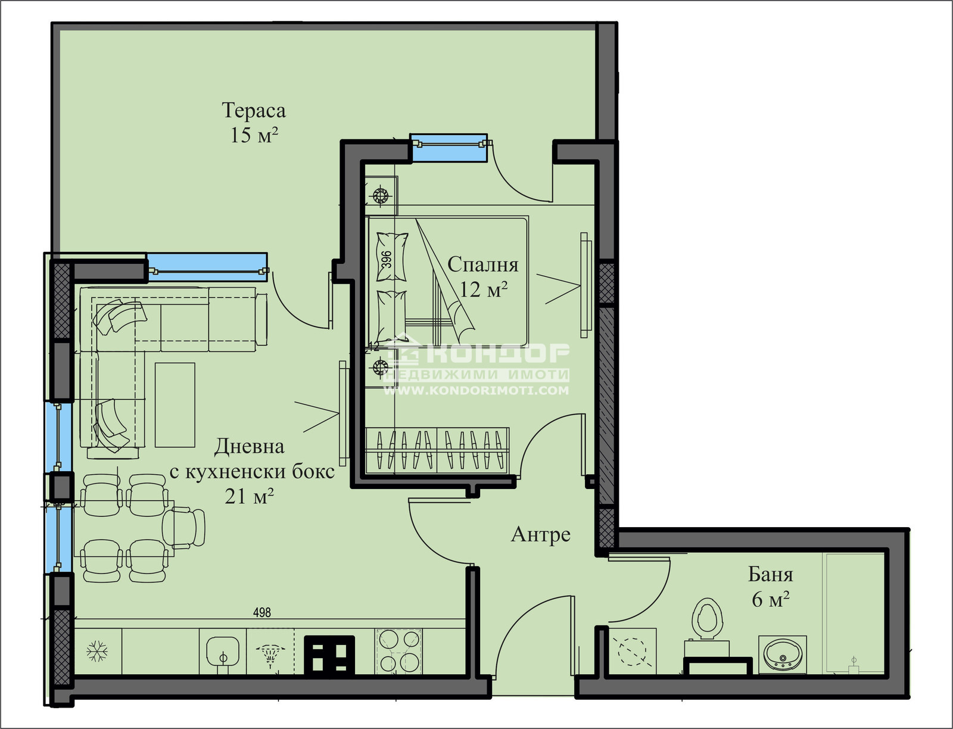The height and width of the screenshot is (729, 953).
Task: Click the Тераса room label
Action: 254,111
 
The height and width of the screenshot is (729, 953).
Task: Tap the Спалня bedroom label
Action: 483,264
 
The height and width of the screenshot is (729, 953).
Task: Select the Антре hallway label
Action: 541,535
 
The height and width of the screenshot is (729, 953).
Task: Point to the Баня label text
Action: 771,574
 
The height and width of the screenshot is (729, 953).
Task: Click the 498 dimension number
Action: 262,612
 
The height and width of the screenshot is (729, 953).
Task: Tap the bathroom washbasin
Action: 783,655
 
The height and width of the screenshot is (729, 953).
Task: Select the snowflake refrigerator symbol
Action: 97,652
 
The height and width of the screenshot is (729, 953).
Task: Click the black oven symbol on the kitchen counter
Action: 329,655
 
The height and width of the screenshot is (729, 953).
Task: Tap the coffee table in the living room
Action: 175,405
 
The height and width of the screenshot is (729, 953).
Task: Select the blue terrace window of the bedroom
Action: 449,148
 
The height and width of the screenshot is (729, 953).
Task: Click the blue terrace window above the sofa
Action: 207,267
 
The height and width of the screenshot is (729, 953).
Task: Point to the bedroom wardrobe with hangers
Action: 437,450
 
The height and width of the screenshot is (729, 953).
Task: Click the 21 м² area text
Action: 249,497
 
